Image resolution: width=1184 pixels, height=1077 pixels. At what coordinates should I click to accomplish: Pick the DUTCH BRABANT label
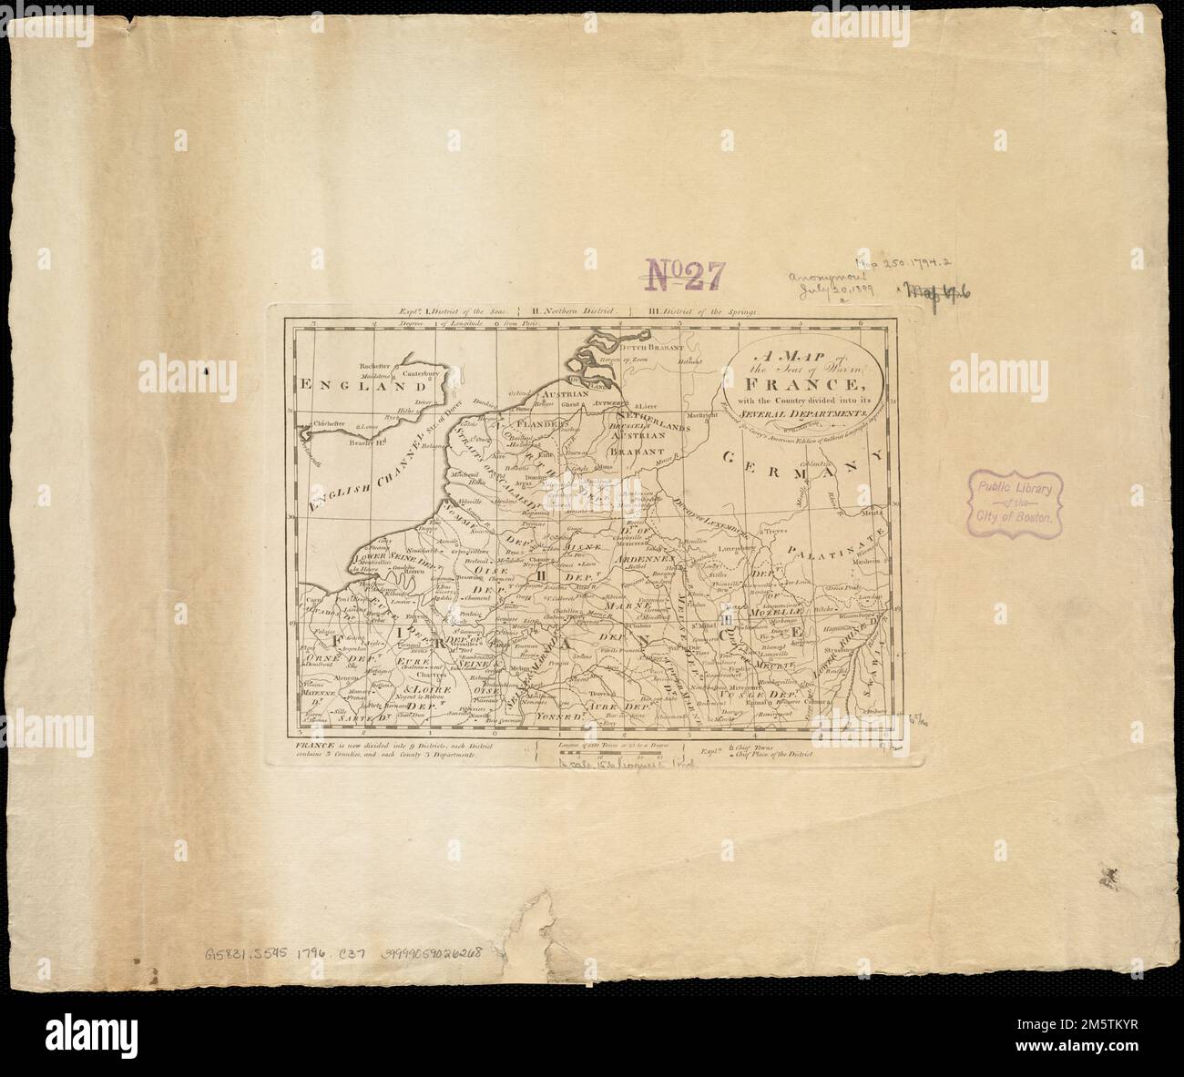(645, 349)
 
